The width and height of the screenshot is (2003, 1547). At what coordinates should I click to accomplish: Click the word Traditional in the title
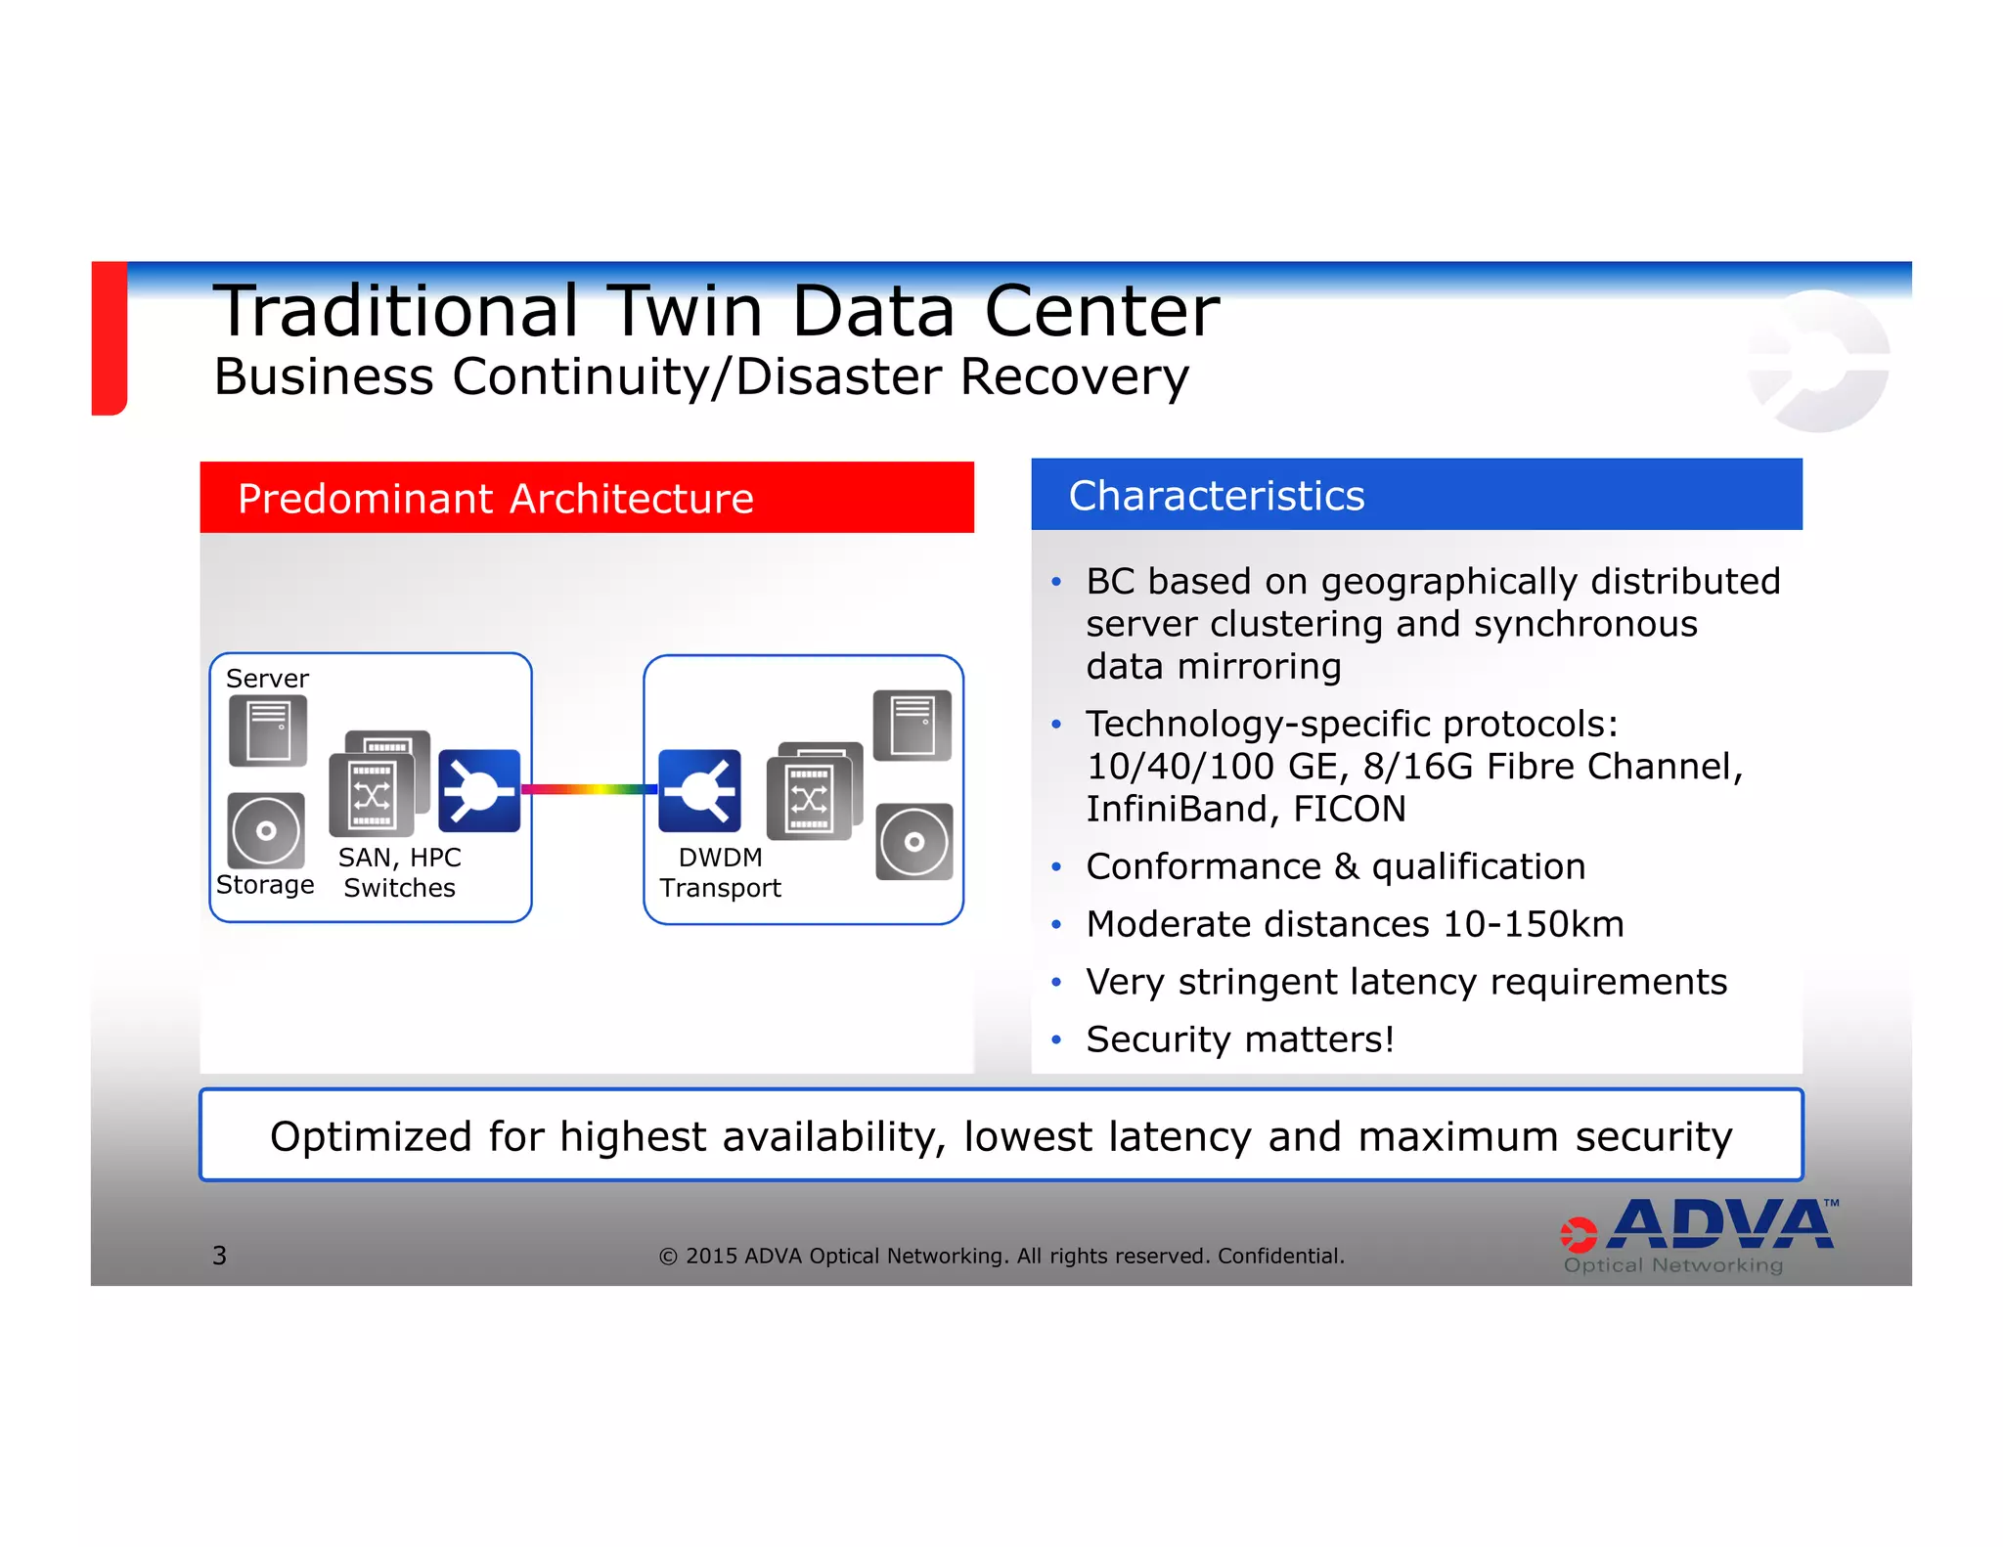pyautogui.click(x=396, y=311)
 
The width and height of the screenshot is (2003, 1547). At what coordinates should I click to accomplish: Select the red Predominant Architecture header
pyautogui.click(x=587, y=498)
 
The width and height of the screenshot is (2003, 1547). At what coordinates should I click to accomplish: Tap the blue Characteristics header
pyautogui.click(x=1416, y=495)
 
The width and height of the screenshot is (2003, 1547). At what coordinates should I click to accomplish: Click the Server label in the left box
pyautogui.click(x=267, y=679)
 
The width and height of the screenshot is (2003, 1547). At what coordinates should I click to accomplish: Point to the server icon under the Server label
pyautogui.click(x=268, y=730)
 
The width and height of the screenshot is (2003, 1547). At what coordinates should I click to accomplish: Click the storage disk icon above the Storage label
pyautogui.click(x=266, y=830)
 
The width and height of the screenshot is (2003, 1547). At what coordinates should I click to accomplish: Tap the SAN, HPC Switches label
pyautogui.click(x=399, y=872)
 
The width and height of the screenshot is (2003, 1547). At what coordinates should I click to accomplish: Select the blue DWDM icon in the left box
pyautogui.click(x=479, y=790)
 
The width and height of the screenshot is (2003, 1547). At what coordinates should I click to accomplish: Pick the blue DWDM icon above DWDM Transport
pyautogui.click(x=700, y=790)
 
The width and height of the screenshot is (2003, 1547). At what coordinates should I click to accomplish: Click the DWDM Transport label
pyautogui.click(x=720, y=872)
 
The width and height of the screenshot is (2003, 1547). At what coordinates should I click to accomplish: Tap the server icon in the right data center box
pyautogui.click(x=912, y=725)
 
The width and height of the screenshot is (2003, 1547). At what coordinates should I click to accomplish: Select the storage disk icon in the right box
pyautogui.click(x=914, y=842)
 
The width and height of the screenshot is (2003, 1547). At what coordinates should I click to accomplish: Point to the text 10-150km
pyautogui.click(x=1533, y=924)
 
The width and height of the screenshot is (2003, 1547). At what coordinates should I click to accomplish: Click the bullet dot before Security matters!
pyautogui.click(x=1056, y=1040)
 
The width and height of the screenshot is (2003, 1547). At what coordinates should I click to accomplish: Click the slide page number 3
pyautogui.click(x=219, y=1256)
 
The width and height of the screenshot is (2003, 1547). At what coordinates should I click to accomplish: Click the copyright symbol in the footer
pyautogui.click(x=668, y=1257)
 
